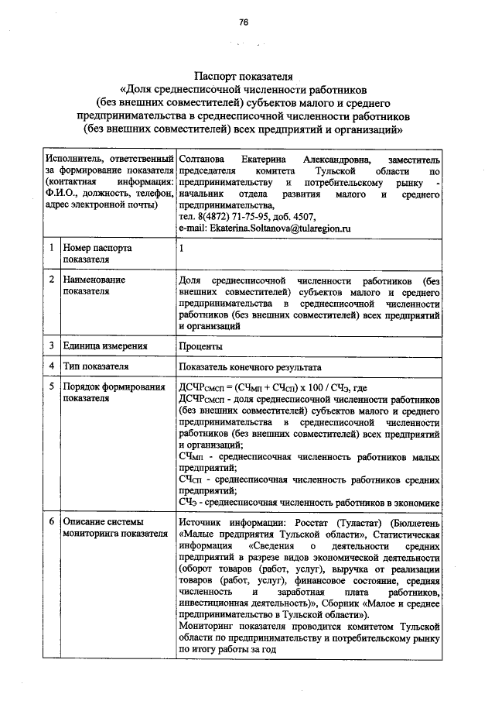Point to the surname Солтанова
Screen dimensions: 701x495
(x=203, y=159)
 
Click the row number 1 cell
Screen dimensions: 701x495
(x=50, y=249)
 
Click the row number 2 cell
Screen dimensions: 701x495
(x=50, y=277)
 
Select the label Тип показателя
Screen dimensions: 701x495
(x=96, y=366)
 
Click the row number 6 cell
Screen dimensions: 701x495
(x=50, y=522)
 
